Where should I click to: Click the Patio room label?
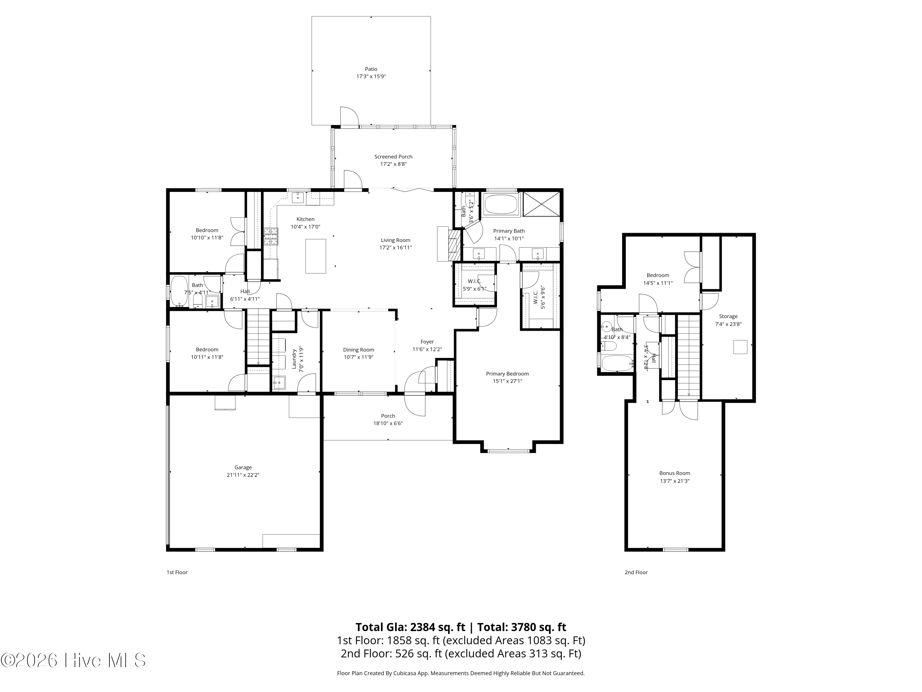click(371, 69)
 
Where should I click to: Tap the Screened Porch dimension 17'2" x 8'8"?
click(393, 164)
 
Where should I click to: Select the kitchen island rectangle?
click(316, 256)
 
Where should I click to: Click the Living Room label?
click(395, 240)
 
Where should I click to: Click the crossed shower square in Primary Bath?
click(541, 204)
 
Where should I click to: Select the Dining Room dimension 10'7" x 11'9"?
click(358, 357)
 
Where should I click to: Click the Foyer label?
click(427, 342)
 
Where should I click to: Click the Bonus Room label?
click(674, 473)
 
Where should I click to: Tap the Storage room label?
click(728, 316)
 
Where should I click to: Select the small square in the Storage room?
click(740, 347)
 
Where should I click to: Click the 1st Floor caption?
click(177, 572)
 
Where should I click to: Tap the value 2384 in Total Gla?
click(425, 627)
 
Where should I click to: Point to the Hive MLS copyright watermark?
click(73, 660)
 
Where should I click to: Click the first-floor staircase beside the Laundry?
click(258, 337)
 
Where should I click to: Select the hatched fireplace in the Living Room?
click(454, 246)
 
